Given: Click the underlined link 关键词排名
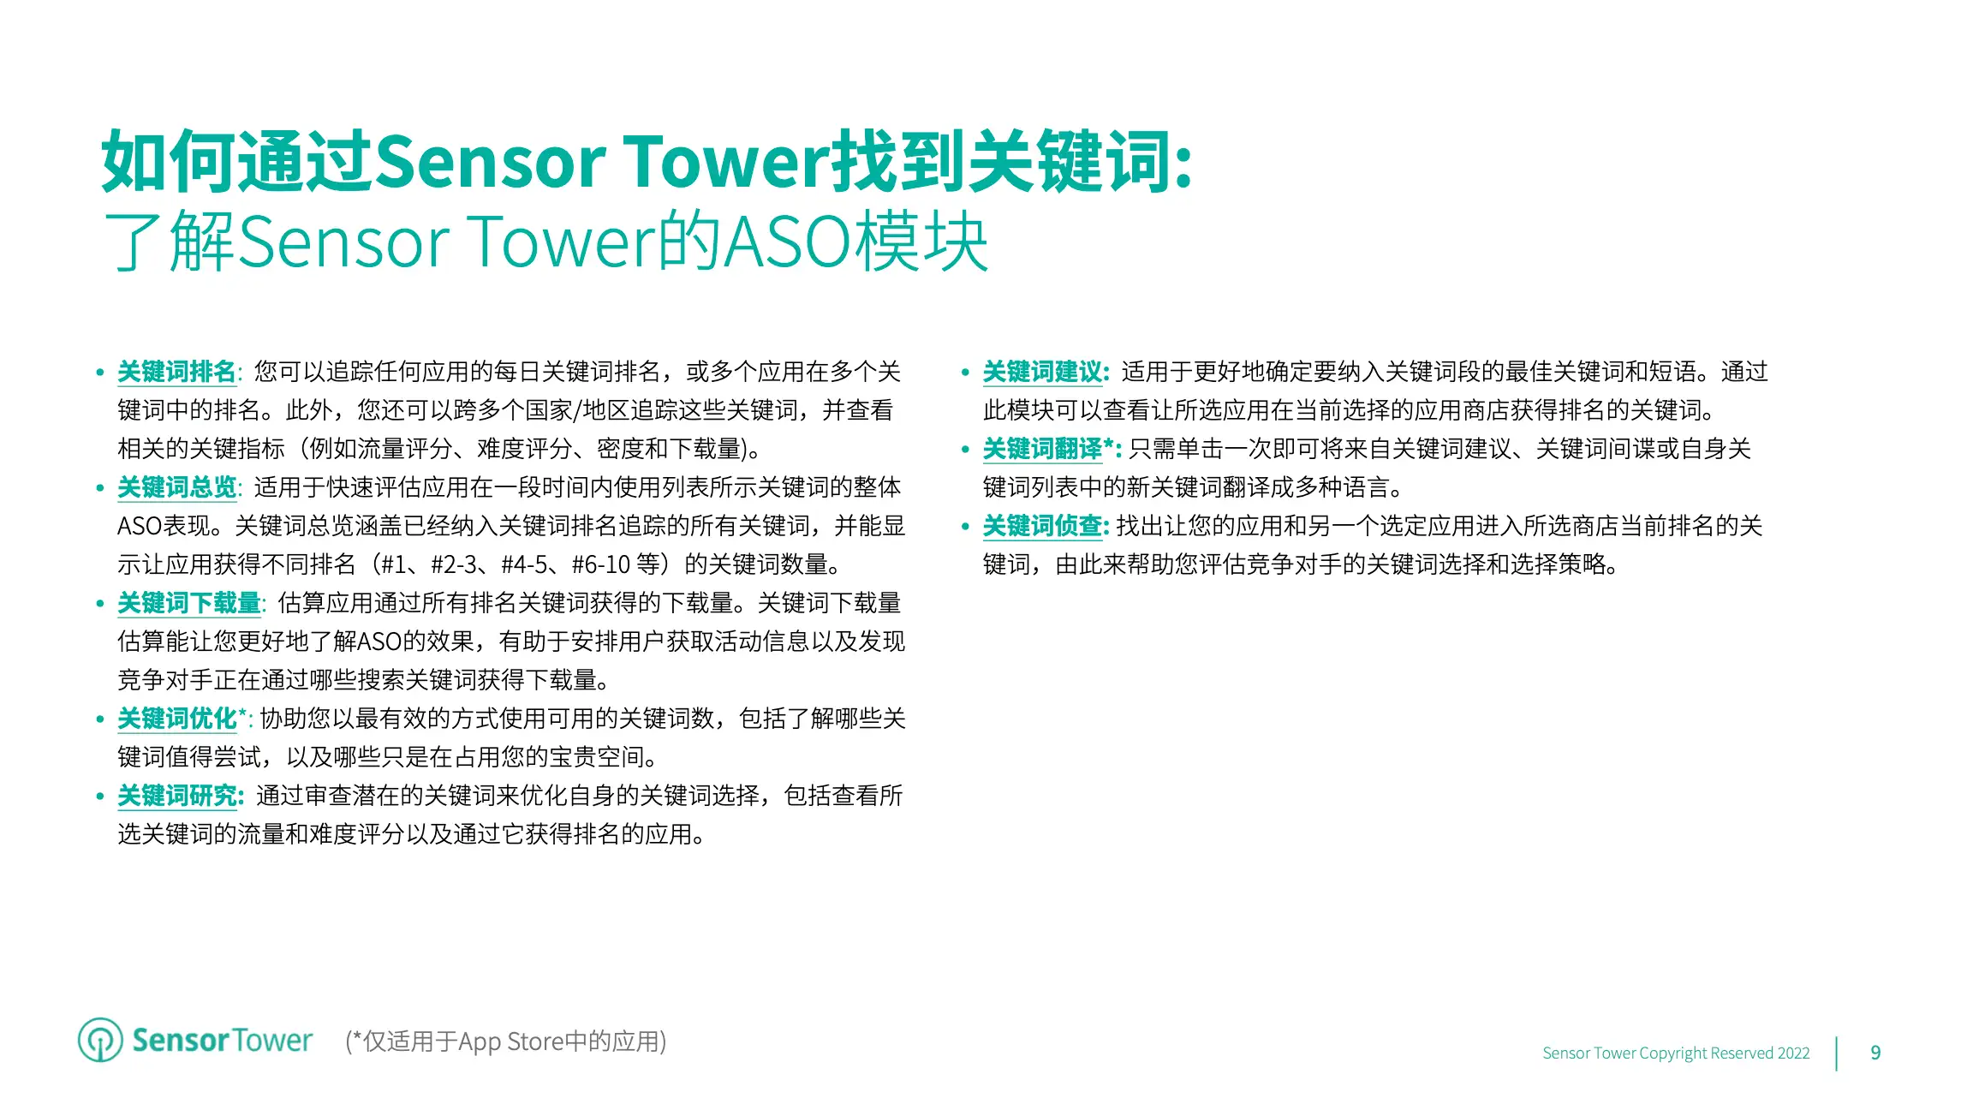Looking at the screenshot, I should click(x=176, y=372).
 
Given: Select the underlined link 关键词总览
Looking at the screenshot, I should click(x=176, y=487).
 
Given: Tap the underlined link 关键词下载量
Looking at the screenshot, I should click(x=188, y=603).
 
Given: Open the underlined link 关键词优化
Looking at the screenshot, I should click(x=176, y=719).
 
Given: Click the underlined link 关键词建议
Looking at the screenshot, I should click(x=1042, y=372).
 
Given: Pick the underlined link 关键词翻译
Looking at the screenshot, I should click(x=1042, y=449).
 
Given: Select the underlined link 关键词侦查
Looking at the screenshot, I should click(x=1042, y=526).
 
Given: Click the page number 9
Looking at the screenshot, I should click(x=1875, y=1053).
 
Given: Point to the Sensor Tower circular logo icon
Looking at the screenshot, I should click(x=100, y=1040).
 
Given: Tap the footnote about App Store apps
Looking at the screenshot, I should click(x=505, y=1041).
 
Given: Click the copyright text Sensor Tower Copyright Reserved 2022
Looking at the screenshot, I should click(x=1676, y=1053).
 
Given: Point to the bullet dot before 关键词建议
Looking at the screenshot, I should click(x=965, y=373).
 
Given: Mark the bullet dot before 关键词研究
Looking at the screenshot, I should click(x=100, y=797).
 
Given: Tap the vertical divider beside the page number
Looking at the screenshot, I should click(x=1836, y=1053).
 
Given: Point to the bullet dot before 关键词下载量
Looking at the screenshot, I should click(x=100, y=604).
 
